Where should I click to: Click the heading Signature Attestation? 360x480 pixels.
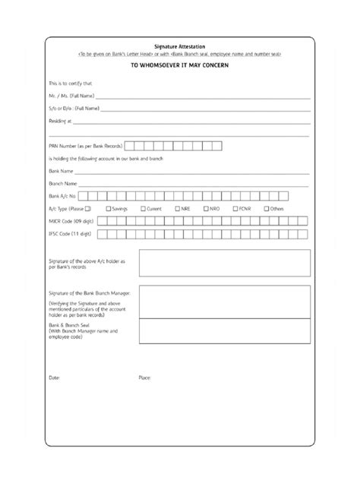click(x=180, y=46)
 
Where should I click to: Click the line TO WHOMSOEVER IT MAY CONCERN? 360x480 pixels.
click(x=180, y=65)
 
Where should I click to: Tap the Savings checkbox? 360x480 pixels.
click(x=109, y=208)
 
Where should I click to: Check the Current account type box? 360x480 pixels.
click(x=142, y=208)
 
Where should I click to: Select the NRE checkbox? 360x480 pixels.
click(x=176, y=208)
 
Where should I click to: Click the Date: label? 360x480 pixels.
click(x=54, y=377)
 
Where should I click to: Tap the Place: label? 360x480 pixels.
click(x=144, y=377)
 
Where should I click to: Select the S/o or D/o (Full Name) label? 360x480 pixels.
click(x=73, y=109)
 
